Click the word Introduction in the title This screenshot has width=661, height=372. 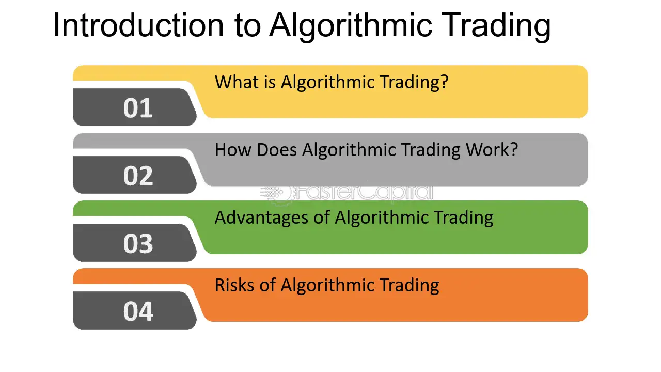[x=138, y=25]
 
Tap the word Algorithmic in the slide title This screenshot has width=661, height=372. [x=351, y=27]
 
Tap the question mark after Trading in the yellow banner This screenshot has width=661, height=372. [x=444, y=82]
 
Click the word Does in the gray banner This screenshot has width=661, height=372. [x=276, y=150]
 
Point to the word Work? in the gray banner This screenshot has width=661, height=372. [x=492, y=150]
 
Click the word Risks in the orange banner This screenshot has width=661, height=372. [x=234, y=285]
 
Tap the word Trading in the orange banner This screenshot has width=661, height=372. [x=410, y=286]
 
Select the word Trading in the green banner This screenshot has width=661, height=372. [x=463, y=219]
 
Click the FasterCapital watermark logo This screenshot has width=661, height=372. [x=347, y=193]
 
